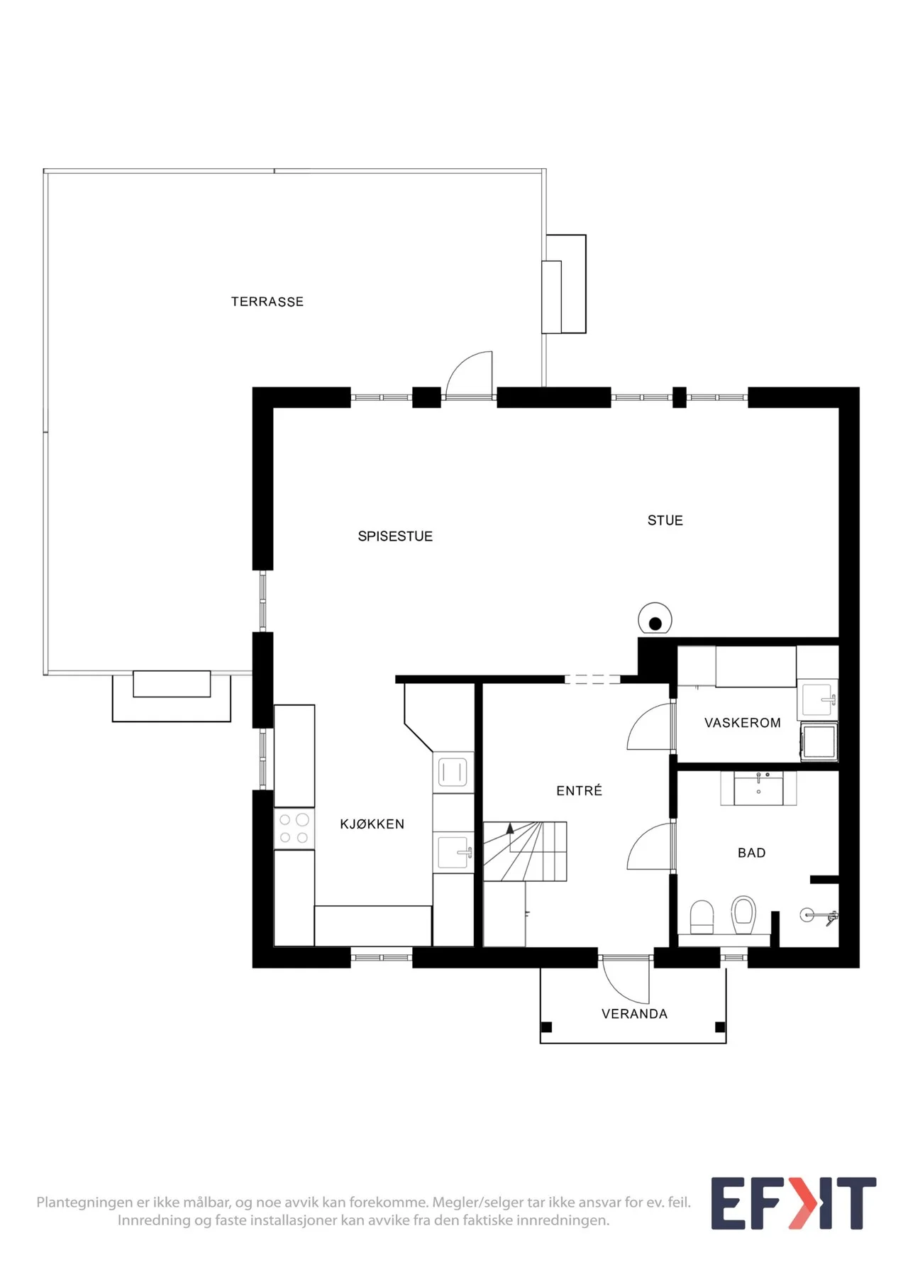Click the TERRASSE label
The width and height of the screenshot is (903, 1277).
click(267, 302)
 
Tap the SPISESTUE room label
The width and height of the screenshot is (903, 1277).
click(395, 536)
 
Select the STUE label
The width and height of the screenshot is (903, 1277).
click(665, 521)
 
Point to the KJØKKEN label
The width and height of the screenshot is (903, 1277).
click(372, 824)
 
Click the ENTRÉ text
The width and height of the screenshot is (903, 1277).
click(580, 790)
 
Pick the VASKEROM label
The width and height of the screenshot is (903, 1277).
click(743, 723)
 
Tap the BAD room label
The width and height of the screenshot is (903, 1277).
click(752, 853)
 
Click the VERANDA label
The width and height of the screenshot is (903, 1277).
click(635, 1014)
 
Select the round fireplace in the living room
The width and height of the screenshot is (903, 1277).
click(655, 619)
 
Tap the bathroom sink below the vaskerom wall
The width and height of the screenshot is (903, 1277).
click(758, 790)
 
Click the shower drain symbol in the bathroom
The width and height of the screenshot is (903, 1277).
click(807, 914)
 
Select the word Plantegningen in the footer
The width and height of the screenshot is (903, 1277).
click(84, 1203)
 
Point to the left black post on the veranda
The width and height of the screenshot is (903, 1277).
click(546, 1027)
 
